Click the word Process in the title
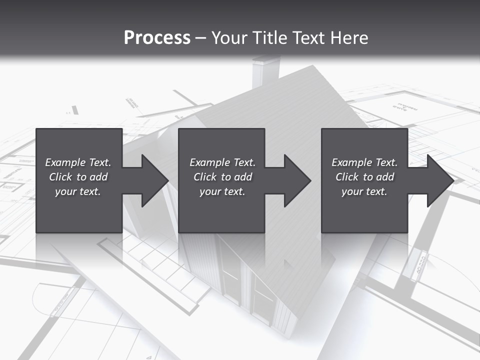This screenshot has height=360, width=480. click(x=157, y=38)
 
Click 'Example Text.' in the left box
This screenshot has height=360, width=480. click(x=78, y=162)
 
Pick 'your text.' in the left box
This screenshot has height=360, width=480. click(x=78, y=191)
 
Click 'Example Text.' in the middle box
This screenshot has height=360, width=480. click(x=222, y=162)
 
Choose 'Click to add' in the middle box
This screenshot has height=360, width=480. click(x=222, y=177)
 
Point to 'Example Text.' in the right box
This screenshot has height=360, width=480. click(x=364, y=162)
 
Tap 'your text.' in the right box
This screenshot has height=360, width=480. click(x=364, y=191)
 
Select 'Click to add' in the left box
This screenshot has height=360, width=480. click(x=78, y=177)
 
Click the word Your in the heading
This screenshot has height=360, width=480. click(x=229, y=38)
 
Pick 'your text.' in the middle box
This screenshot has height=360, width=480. click(x=222, y=191)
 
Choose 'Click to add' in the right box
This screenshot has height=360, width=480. click(x=364, y=177)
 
